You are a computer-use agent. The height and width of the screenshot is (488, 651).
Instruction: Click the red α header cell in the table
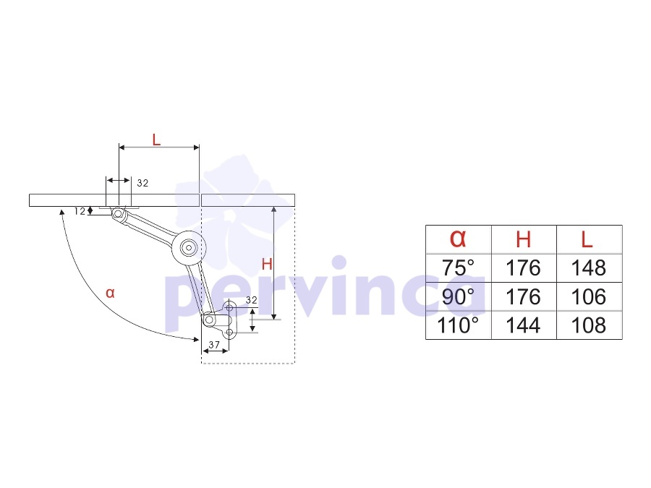click(458, 239)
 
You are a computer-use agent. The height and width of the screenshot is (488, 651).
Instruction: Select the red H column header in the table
click(523, 239)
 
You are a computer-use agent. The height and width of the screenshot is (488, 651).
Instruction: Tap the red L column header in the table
click(587, 239)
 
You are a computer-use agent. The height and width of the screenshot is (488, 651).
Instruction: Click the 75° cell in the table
click(458, 267)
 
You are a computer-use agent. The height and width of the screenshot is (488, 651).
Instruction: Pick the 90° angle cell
click(458, 296)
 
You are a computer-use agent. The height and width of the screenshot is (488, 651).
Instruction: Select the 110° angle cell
click(458, 325)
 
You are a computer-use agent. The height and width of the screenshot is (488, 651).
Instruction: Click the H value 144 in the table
click(523, 325)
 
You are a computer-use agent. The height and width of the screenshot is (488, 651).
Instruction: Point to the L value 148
click(589, 267)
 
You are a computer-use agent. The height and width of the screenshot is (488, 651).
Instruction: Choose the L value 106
click(589, 296)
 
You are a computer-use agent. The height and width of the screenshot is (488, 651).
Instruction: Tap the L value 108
click(589, 325)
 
